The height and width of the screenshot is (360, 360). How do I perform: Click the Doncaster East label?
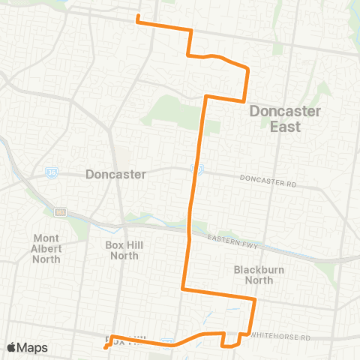(285, 118)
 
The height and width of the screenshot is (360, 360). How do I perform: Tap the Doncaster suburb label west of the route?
(115, 174)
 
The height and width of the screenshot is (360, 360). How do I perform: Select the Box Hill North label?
(124, 250)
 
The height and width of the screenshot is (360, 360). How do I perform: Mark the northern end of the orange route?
(139, 21)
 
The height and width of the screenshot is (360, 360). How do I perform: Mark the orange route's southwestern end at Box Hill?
(105, 347)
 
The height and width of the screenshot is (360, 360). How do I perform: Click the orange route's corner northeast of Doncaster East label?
(247, 70)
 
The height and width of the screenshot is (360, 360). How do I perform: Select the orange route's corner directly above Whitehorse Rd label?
(255, 300)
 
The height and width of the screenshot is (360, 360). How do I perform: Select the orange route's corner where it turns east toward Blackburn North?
(183, 288)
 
